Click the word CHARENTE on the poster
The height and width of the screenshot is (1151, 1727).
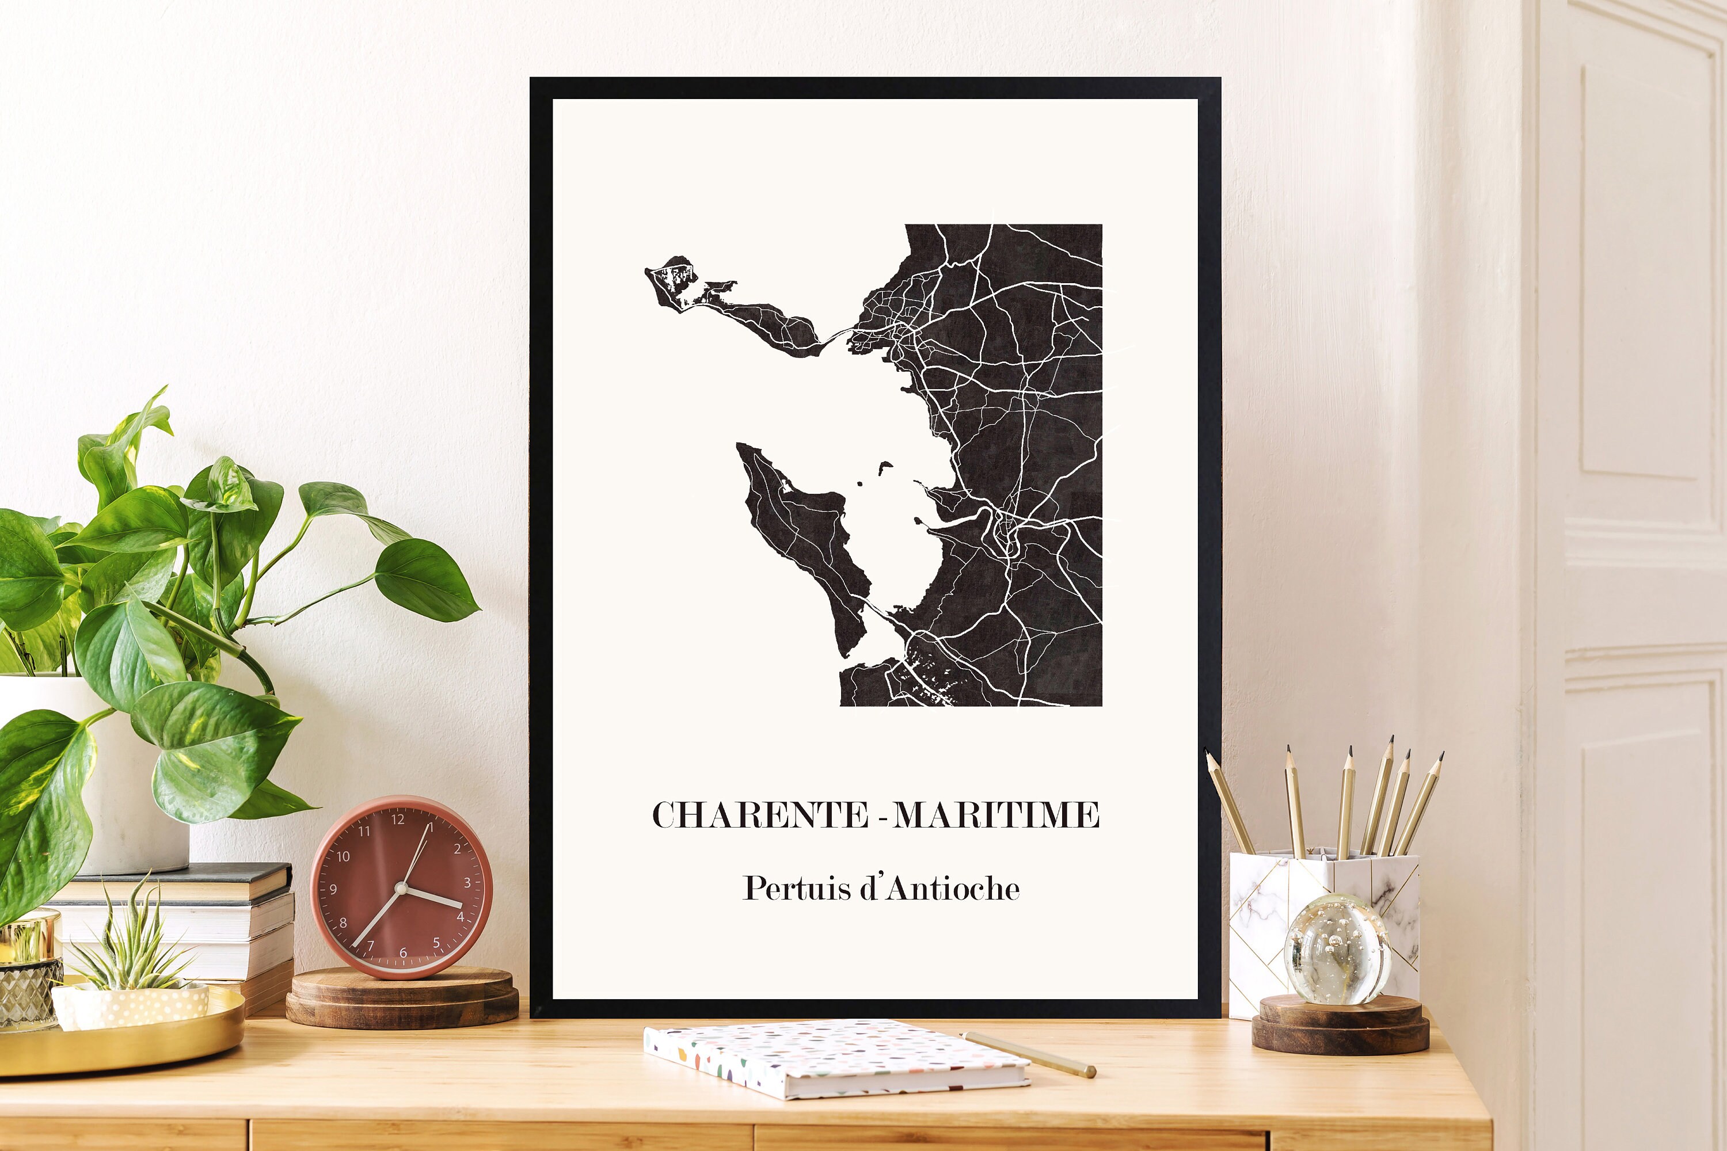760,815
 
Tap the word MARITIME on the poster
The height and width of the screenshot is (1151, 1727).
996,815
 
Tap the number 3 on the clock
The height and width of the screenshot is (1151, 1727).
467,882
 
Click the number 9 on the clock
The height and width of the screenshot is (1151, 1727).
333,889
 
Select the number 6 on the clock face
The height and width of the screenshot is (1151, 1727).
402,952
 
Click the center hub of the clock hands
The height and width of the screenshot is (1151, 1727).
401,888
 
